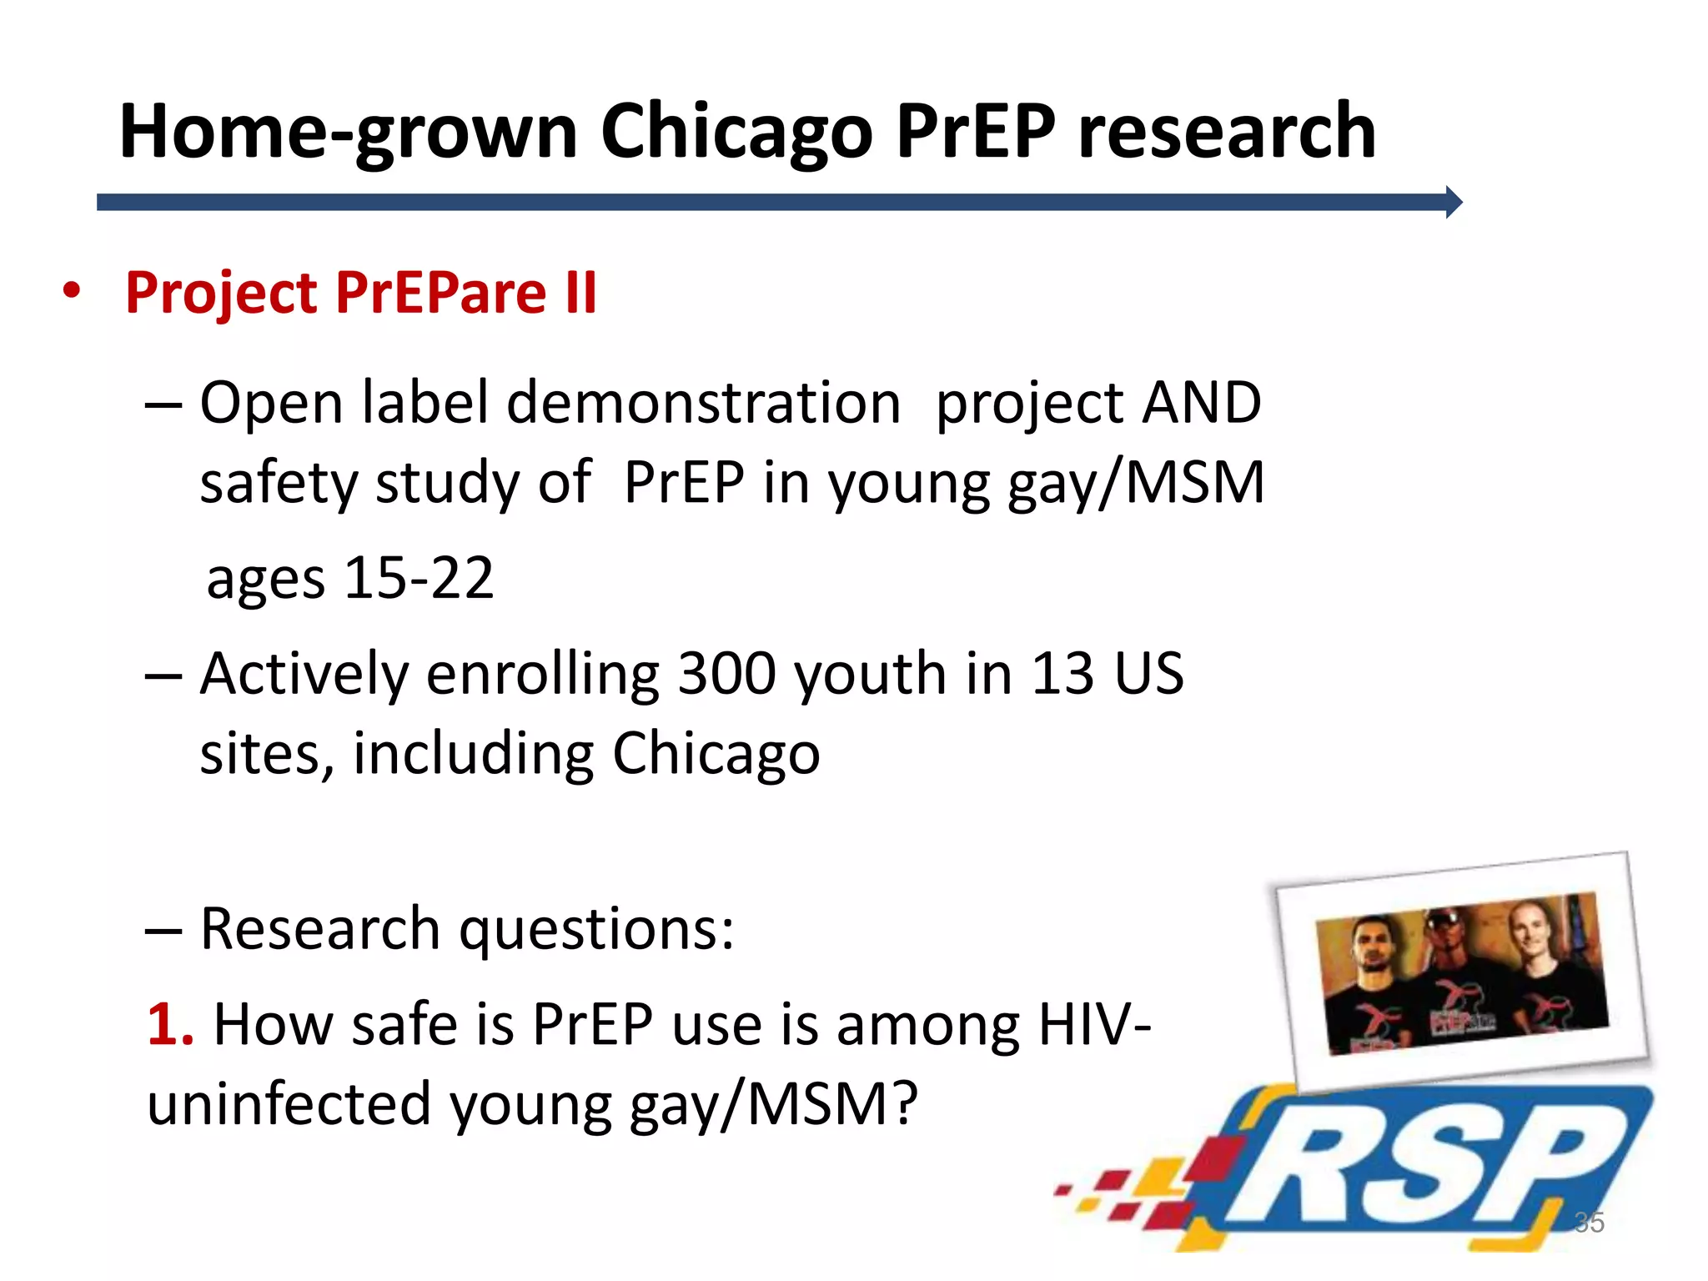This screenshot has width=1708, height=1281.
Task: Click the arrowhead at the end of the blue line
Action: coord(1453,203)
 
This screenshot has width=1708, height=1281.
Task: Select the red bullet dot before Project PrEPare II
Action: coord(72,291)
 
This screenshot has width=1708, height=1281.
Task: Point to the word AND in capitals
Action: coord(1202,403)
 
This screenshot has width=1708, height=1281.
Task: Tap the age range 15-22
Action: coord(419,578)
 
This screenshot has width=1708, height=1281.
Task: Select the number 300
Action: coord(726,673)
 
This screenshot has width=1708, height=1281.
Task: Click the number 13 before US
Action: coord(1062,673)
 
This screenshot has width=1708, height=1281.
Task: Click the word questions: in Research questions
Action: coord(597,929)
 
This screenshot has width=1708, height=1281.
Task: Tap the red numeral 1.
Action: coord(169,1023)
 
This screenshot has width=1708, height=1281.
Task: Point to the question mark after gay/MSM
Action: coord(902,1102)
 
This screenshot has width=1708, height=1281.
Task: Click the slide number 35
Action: coord(1589,1223)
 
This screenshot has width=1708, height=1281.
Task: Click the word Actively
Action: coord(304,673)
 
